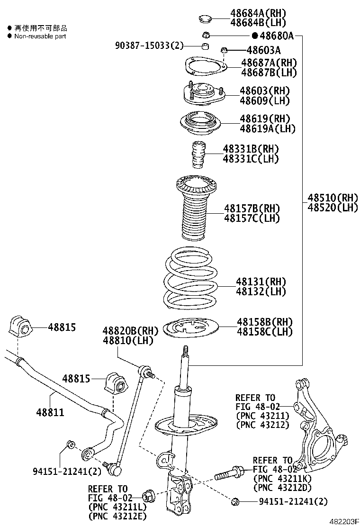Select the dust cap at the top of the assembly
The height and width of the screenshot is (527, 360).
coord(205,19)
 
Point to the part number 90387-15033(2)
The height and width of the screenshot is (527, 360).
coord(149,45)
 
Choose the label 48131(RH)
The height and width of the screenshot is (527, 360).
coord(261,282)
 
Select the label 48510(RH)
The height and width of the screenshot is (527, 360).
coord(333,198)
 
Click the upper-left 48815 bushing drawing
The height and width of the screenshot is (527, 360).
coord(19,327)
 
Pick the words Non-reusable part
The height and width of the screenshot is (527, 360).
coord(40,36)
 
